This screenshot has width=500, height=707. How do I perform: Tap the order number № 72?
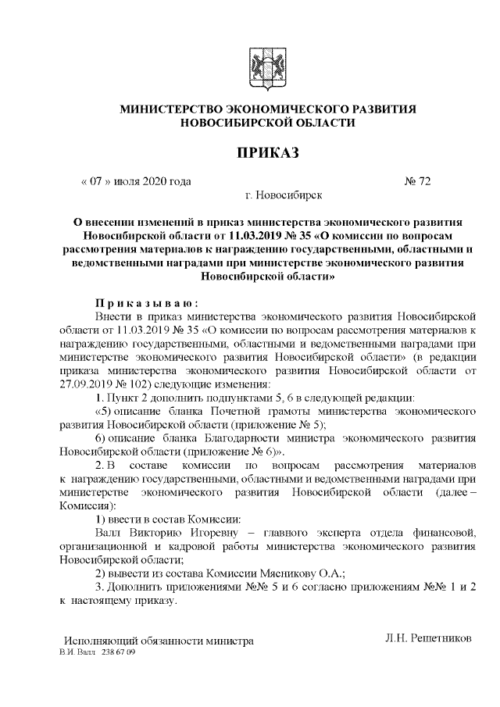click(417, 182)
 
